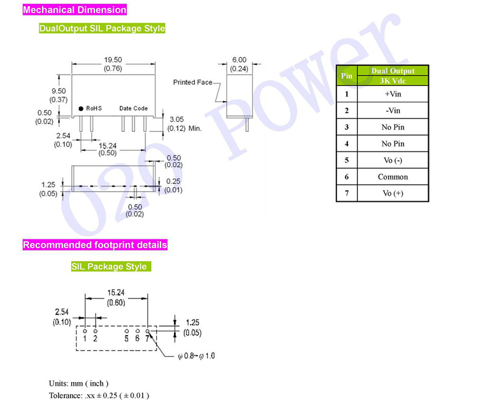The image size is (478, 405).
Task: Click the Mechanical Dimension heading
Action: coord(75,10)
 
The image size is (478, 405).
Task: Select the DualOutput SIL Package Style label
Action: coord(102,28)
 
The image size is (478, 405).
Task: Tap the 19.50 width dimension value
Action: coord(113,60)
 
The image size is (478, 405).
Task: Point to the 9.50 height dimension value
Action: coord(59,91)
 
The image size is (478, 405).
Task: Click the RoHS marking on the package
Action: coord(94,109)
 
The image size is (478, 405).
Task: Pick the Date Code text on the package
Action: coord(133,109)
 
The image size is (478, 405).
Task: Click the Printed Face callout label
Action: coord(192,82)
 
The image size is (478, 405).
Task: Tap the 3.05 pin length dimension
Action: coord(176,119)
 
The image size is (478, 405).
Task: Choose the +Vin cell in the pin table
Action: coord(393,94)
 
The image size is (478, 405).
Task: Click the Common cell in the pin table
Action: coord(393,177)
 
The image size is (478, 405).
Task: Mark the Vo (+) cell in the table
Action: coord(393,194)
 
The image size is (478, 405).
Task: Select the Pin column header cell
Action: coord(347,76)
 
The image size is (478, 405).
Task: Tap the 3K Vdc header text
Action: coord(393,80)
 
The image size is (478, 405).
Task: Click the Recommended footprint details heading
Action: coord(95,245)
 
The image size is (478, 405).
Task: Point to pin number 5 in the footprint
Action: coord(127,338)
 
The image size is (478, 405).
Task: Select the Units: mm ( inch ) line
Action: coord(78,383)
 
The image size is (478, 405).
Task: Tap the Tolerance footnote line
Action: coord(99,395)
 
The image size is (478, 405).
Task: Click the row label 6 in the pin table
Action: coord(347,177)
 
